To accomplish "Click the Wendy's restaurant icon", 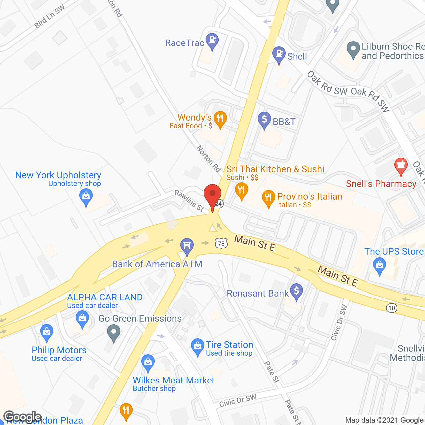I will pos(220,119).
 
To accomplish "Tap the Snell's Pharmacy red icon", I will pos(401,166).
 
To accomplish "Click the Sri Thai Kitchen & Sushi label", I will pos(275,169).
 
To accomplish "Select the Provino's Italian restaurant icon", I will pos(268,198).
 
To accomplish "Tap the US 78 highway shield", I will pos(221,243).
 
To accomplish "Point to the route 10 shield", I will pos(392,308).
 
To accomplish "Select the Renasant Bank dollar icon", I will pos(297,291).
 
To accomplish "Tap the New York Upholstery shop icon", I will pos(86,196).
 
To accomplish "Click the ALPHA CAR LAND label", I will pos(105,297).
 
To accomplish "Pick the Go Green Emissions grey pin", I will pos(114,332).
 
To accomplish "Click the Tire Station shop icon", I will pos(198,346).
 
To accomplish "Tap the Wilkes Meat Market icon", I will pos(148,362).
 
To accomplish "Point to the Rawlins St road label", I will pos(189,201).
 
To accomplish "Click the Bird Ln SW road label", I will pos(50,17).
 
